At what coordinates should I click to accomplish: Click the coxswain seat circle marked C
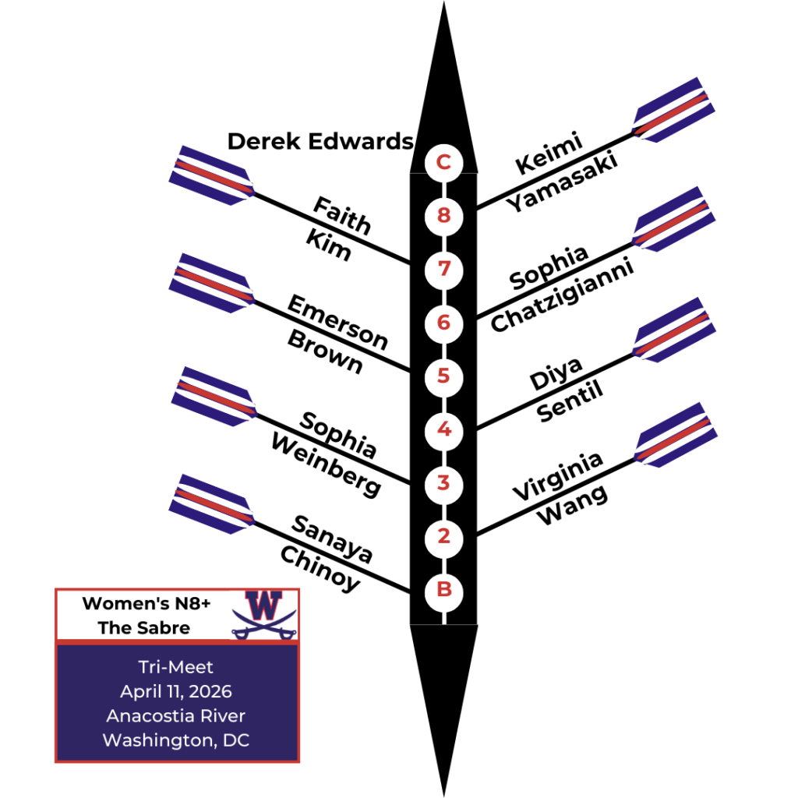[x=443, y=163]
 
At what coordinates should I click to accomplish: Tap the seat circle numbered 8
[x=443, y=215]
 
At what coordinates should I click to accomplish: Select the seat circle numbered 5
[x=443, y=376]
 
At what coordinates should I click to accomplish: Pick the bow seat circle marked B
[x=443, y=590]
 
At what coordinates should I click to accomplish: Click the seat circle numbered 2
[x=443, y=536]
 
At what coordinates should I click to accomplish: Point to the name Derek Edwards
[x=320, y=142]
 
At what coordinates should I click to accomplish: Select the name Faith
[x=341, y=216]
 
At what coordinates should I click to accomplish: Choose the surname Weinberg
[x=326, y=465]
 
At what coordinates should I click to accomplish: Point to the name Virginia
[x=558, y=475]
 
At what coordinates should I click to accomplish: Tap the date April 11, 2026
[x=176, y=691]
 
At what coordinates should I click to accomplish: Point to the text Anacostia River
[x=176, y=715]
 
